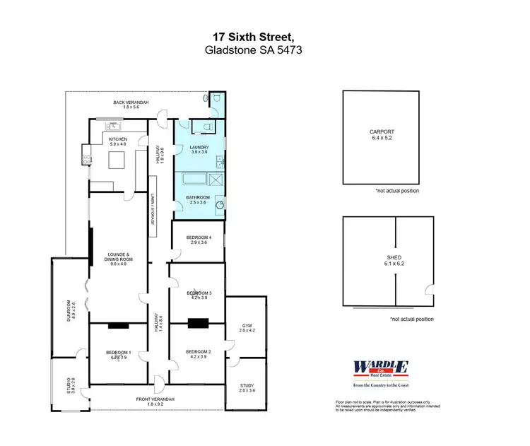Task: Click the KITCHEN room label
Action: pyautogui.click(x=117, y=139)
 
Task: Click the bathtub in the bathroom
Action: pyautogui.click(x=193, y=180)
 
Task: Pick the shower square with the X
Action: pyautogui.click(x=218, y=180)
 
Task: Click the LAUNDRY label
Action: pyautogui.click(x=199, y=146)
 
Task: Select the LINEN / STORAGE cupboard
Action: pyautogui.click(x=152, y=209)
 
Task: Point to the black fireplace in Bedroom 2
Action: pyautogui.click(x=198, y=324)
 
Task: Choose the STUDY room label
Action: pyautogui.click(x=245, y=385)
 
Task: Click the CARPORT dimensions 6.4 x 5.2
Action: pyautogui.click(x=382, y=138)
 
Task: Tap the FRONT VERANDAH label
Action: pyautogui.click(x=155, y=399)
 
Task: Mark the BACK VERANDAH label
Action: pyautogui.click(x=131, y=102)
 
